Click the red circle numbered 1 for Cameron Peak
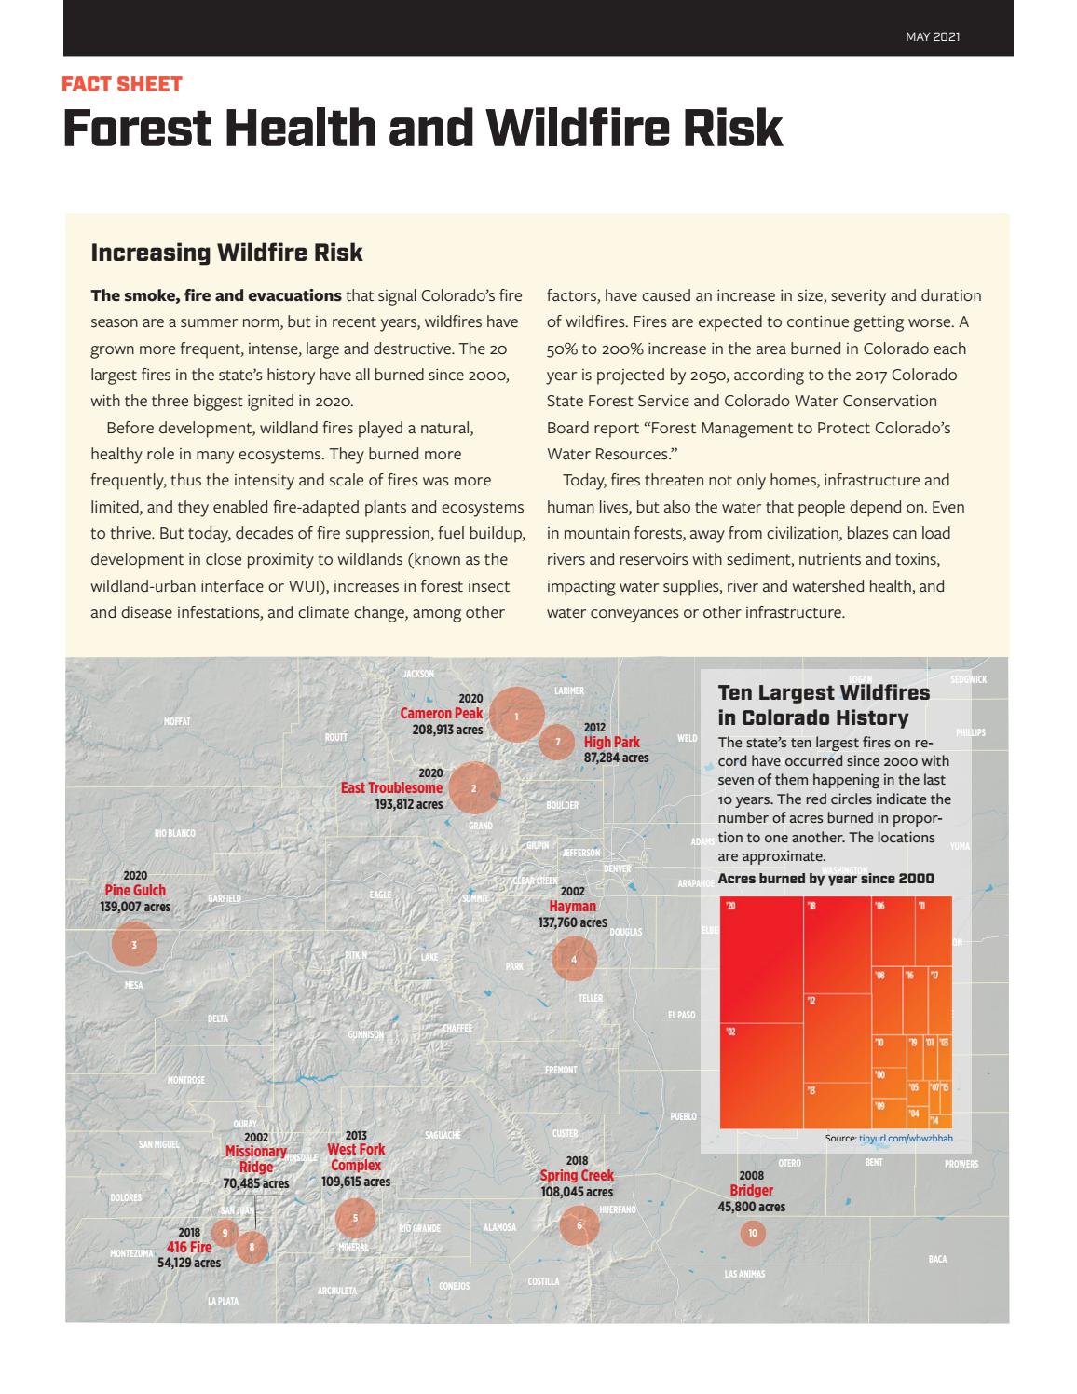click(516, 715)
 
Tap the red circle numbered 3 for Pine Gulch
click(134, 944)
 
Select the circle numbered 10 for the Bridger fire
click(752, 1233)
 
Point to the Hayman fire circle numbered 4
click(574, 959)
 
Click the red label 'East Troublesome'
click(391, 788)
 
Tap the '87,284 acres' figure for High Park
click(616, 758)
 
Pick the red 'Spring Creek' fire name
click(577, 1175)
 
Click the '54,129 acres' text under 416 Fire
click(189, 1263)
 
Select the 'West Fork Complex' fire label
click(356, 1157)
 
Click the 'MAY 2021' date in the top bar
click(933, 37)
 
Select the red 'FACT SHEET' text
click(121, 84)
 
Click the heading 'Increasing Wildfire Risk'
click(226, 253)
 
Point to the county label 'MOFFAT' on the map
click(176, 721)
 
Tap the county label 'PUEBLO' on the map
click(683, 1116)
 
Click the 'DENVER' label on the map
click(618, 868)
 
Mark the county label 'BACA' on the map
click(937, 1259)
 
